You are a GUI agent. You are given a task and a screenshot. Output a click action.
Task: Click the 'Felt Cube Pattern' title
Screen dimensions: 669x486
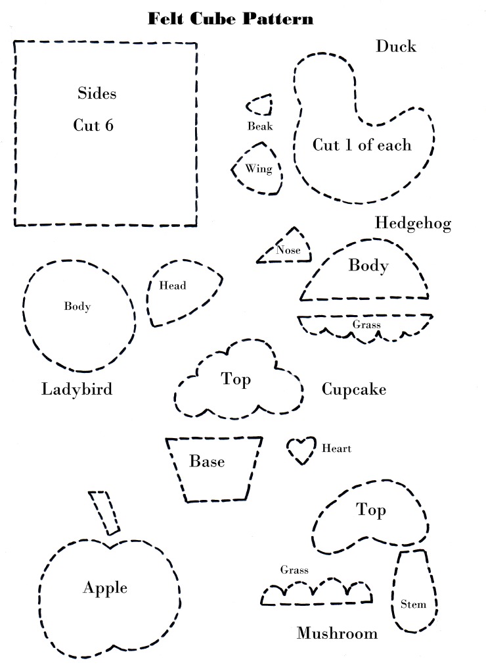tap(231, 18)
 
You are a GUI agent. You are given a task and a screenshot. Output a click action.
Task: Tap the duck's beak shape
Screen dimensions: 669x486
tap(261, 106)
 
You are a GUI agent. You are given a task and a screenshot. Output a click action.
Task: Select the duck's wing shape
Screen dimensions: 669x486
tap(257, 169)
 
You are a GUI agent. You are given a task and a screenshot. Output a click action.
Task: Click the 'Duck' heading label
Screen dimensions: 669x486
tap(396, 46)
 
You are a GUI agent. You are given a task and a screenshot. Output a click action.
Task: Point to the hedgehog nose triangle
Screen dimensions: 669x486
tap(286, 249)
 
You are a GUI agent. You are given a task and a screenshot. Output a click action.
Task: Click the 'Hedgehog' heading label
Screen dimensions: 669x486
tap(413, 224)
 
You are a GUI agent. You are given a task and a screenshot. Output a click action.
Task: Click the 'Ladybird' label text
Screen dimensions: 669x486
tap(77, 389)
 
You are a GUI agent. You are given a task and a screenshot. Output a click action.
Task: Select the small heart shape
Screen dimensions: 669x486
tap(302, 450)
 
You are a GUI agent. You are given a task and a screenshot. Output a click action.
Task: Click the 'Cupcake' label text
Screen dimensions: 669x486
tap(353, 389)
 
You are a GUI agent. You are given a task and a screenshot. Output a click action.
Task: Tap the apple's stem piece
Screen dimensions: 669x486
tap(105, 512)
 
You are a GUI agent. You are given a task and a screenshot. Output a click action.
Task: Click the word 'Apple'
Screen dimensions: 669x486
tap(105, 587)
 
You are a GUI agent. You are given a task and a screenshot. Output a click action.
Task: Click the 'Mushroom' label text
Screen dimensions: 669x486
tap(337, 633)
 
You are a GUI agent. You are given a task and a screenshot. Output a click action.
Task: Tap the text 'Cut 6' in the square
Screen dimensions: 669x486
tap(93, 126)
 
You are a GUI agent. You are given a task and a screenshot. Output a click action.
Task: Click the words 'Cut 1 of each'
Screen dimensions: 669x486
tap(361, 145)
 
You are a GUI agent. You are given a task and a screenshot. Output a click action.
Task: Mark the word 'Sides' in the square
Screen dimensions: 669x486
tap(97, 93)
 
